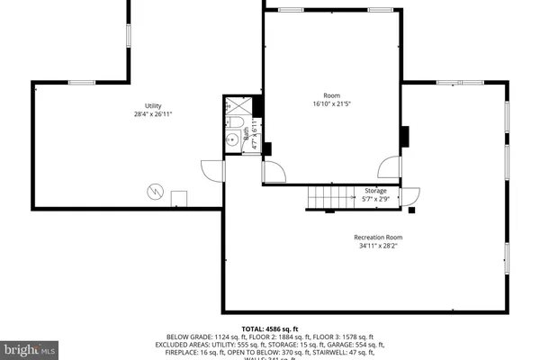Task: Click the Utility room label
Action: point(153,106)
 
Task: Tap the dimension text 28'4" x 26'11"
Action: point(153,115)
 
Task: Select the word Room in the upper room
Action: point(332,95)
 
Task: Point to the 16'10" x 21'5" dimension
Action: point(332,104)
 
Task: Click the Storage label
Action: point(375,191)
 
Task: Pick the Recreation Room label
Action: point(376,238)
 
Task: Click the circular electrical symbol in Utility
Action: point(155,191)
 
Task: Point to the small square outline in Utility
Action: point(179,198)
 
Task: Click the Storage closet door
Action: point(410,195)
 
